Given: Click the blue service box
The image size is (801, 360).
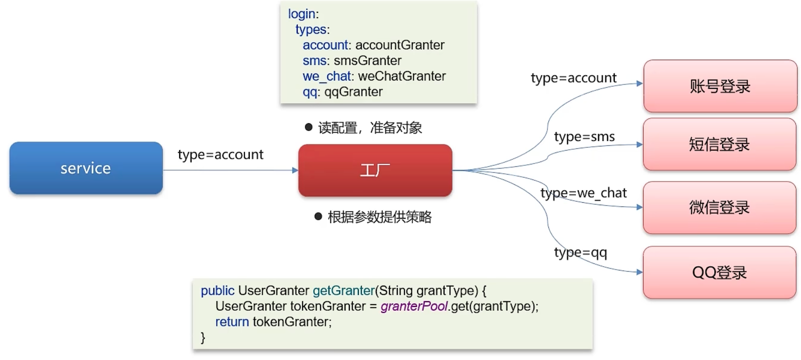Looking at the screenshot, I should coord(86,168).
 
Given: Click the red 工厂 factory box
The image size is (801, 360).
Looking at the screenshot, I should coord(375,170).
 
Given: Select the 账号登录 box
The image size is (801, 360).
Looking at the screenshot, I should coord(720,86).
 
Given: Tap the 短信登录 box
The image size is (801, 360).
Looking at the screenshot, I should coord(719,144).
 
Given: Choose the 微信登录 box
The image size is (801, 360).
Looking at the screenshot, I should coord(719,207).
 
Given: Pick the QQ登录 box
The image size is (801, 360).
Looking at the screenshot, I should coord(719,272).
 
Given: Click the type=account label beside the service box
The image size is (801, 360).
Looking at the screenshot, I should coord(220,155).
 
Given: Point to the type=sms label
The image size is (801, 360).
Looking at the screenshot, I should coord(584,137).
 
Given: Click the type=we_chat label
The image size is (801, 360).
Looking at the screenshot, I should coord(583,193).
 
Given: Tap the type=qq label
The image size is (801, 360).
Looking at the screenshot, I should coord(580,252).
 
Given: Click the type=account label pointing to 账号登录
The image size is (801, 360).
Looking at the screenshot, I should coord(573,78).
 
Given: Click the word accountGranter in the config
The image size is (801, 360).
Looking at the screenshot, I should coord(400,45).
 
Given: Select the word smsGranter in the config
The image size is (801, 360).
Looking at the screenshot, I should coord(367,61).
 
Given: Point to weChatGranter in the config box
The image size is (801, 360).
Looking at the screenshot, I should coord(402,76).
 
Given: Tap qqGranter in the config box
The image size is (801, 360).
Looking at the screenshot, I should coord(353,92).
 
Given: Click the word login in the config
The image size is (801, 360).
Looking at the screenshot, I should coord(301,14).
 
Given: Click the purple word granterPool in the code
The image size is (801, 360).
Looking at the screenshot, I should coord(414,306).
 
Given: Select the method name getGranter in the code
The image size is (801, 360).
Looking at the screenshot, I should coord(344,290).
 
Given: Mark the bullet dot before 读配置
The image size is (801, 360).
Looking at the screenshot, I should coord(309,127).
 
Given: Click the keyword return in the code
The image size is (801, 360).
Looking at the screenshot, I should coord(232,322).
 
